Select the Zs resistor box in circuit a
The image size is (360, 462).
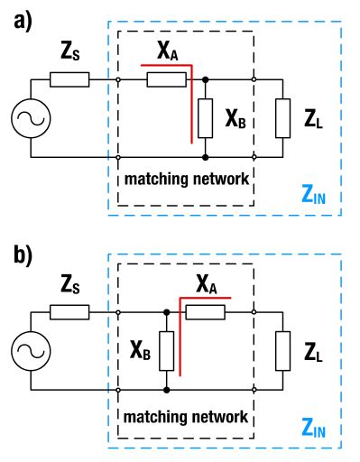point(69,80)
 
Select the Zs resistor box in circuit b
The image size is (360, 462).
point(69,313)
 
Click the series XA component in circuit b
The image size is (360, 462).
point(205,313)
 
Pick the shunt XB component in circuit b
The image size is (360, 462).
point(166,351)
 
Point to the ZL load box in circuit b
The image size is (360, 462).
point(285,351)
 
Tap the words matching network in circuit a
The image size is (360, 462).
point(187,178)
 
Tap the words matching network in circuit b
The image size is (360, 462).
point(187,416)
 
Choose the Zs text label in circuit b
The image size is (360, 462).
point(69,286)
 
